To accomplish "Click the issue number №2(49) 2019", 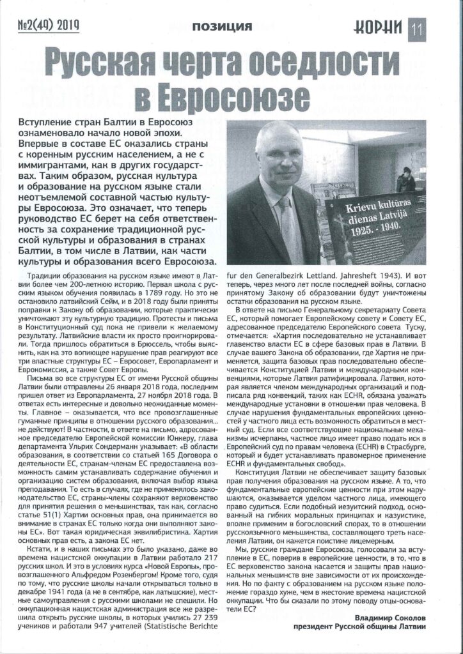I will click(49, 26).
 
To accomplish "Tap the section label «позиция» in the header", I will click(221, 26).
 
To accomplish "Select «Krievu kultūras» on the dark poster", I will click(373, 209).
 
